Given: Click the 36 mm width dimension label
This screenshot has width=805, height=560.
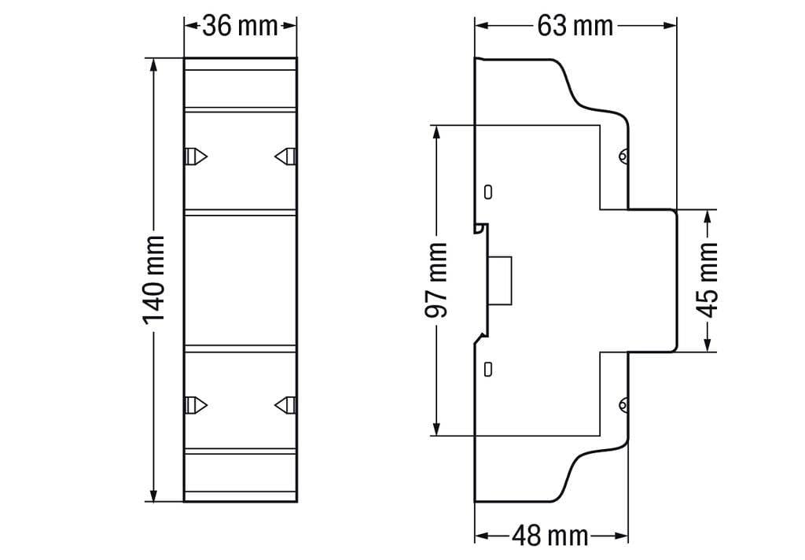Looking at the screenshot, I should [240, 26].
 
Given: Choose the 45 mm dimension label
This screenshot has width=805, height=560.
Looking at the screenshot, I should [708, 280].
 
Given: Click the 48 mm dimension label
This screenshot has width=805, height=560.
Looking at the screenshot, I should [550, 536].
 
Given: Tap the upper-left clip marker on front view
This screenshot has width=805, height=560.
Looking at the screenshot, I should [196, 157].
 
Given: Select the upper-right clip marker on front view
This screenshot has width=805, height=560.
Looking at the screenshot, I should [285, 157].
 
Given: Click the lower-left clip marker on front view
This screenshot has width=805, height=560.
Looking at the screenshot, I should [196, 404].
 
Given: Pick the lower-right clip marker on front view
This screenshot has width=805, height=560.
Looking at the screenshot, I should [285, 404].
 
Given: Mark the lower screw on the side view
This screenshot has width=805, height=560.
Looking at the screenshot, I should [623, 406].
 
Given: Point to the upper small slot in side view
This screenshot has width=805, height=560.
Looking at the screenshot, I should [488, 191].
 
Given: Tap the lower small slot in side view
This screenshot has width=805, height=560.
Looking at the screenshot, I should [488, 367].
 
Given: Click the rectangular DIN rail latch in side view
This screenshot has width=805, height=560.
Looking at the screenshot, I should [500, 280].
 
